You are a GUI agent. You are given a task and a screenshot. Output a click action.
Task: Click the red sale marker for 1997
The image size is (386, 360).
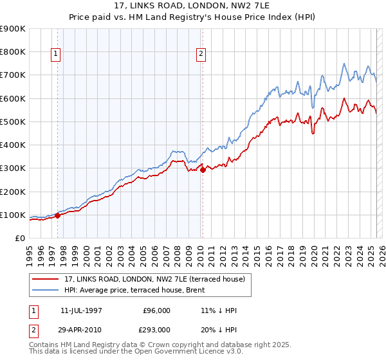(57, 216)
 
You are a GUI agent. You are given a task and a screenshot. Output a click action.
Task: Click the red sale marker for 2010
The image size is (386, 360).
(203, 170)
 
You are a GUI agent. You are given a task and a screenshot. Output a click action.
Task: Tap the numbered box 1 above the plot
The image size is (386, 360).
(57, 55)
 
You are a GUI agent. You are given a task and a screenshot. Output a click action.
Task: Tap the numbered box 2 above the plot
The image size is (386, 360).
(201, 55)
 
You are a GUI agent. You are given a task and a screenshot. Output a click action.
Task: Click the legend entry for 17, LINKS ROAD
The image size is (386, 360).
(154, 280)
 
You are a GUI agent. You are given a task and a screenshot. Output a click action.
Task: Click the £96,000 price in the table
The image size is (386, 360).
(156, 310)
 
